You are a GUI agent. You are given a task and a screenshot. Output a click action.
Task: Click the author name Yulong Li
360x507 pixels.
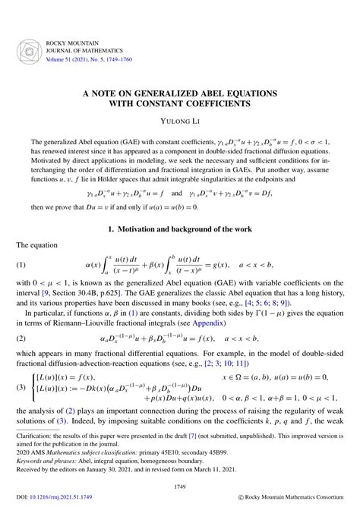pyautogui.click(x=179, y=119)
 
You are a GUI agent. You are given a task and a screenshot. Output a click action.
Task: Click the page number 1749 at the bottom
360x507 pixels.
pyautogui.click(x=179, y=486)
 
